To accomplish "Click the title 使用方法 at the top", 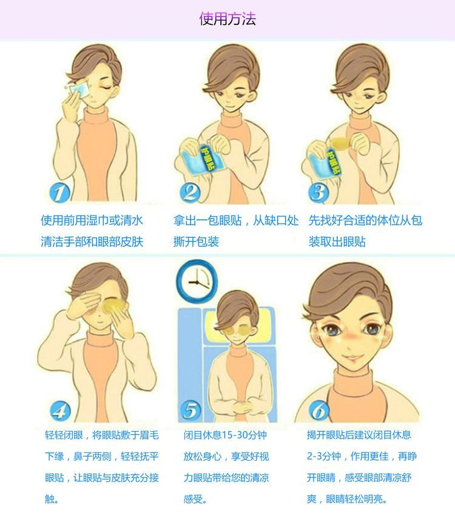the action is tap(227, 19).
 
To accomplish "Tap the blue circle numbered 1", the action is tap(60, 193).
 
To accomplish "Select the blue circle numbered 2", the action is tap(190, 192).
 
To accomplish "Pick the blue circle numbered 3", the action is tap(318, 192).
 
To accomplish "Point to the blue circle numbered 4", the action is tap(60, 411).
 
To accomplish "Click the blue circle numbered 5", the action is tap(190, 410).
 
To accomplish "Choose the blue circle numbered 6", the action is tap(319, 410).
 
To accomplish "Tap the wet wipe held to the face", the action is tap(78, 89).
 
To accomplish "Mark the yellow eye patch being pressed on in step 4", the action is tap(113, 305).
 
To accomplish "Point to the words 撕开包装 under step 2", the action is tap(196, 242).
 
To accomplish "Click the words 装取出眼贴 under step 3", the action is tap(337, 242).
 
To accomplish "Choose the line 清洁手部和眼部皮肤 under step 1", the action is tap(92, 242).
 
